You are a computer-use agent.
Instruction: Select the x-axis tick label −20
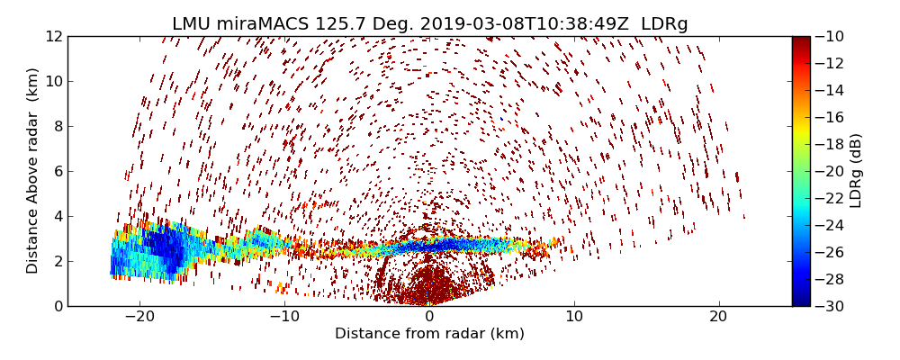pyautogui.click(x=139, y=318)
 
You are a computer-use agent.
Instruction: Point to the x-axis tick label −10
pyautogui.click(x=284, y=318)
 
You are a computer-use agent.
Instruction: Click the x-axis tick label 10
pyautogui.click(x=574, y=318)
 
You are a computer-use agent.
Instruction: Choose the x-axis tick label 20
pyautogui.click(x=718, y=318)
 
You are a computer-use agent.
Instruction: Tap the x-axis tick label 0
pyautogui.click(x=429, y=318)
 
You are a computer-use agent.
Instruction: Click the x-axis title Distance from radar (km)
pyautogui.click(x=429, y=334)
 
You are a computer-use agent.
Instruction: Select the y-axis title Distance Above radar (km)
pyautogui.click(x=33, y=171)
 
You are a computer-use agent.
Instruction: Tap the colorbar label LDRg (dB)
pyautogui.click(x=856, y=171)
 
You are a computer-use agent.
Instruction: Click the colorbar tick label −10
pyautogui.click(x=832, y=37)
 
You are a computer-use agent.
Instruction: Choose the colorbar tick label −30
pyautogui.click(x=832, y=306)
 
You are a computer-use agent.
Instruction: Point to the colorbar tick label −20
pyautogui.click(x=832, y=171)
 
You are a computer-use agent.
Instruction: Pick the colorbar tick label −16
pyautogui.click(x=832, y=117)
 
